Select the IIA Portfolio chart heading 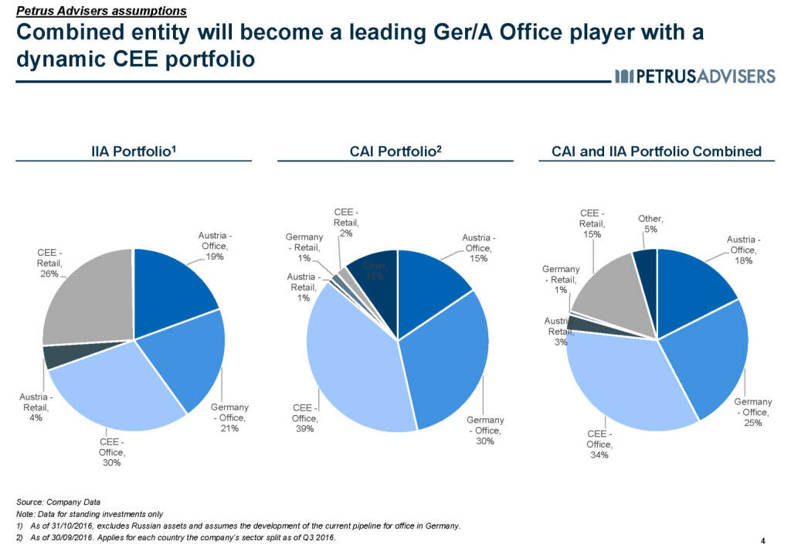pyautogui.click(x=134, y=151)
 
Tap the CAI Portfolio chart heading pyautogui.click(x=395, y=151)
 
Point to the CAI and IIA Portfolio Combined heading pyautogui.click(x=657, y=151)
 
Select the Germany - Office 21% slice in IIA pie pyautogui.click(x=189, y=359)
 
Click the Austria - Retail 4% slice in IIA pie pyautogui.click(x=54, y=356)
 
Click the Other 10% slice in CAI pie pyautogui.click(x=375, y=286)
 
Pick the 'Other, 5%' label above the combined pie pyautogui.click(x=648, y=224)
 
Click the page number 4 pyautogui.click(x=763, y=539)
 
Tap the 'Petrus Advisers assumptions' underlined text pyautogui.click(x=101, y=11)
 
